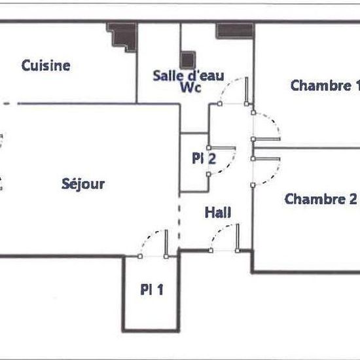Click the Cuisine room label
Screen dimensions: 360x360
coord(46,65)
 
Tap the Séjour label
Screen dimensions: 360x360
coord(83,184)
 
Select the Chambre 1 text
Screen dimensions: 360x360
coord(325,85)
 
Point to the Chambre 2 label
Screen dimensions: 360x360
coord(321,199)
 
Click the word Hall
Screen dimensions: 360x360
coord(218,212)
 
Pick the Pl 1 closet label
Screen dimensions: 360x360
coord(152,289)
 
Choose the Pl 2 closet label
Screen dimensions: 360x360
coord(204,158)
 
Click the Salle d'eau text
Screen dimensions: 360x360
coord(189,75)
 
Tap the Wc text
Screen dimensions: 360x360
coord(190,87)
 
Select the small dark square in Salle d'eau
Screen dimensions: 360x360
coord(188,60)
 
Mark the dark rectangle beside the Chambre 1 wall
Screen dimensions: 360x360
coord(234,30)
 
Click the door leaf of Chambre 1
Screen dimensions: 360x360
coord(266,139)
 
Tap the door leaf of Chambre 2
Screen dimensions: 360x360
coord(266,158)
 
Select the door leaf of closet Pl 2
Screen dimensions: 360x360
coord(222,148)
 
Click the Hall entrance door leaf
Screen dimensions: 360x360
coord(238,238)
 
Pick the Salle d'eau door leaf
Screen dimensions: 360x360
coord(247,91)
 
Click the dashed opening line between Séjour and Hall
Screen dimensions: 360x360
coord(179,221)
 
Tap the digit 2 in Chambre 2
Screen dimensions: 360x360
coord(353,199)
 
